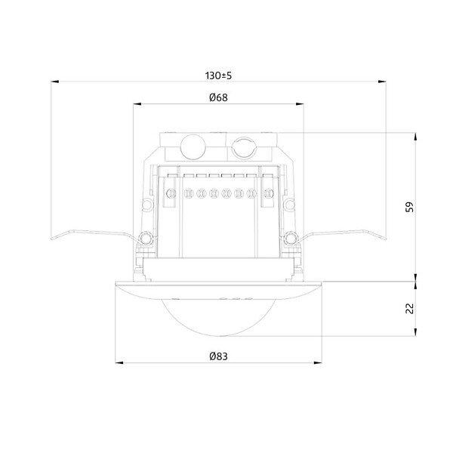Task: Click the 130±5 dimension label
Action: tap(218, 75)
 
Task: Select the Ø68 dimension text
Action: tap(218, 97)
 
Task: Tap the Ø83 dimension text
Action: tap(218, 356)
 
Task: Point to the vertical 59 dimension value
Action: tap(410, 207)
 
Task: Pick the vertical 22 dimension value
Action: tap(410, 309)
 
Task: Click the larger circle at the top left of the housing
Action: tap(193, 147)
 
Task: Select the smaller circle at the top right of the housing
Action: tap(245, 148)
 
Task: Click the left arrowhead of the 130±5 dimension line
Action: tap(54, 82)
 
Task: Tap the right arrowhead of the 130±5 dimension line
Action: tap(382, 82)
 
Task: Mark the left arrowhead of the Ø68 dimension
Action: tap(137, 104)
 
